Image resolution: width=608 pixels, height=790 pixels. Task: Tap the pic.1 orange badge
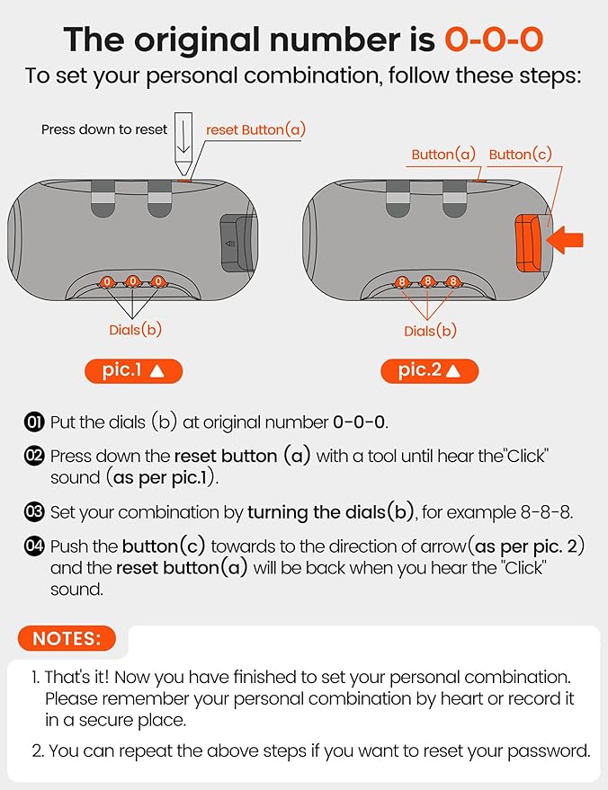(x=134, y=370)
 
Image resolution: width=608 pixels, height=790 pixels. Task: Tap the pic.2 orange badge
(x=430, y=370)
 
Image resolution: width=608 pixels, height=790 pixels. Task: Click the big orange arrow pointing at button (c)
(x=566, y=240)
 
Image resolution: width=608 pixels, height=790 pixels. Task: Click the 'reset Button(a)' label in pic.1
(x=255, y=129)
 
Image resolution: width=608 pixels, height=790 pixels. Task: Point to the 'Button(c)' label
(x=520, y=155)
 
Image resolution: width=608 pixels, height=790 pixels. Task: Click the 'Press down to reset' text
(x=104, y=129)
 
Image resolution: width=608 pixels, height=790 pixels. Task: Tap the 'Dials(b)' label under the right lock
(x=430, y=331)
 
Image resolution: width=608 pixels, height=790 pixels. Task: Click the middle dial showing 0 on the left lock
(x=133, y=281)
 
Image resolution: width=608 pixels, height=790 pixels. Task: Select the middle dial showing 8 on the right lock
(x=429, y=281)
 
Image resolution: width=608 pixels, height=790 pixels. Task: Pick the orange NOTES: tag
(x=67, y=639)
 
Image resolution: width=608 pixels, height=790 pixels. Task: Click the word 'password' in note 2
(x=552, y=750)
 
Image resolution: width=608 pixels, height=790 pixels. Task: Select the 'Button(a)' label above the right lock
(x=443, y=155)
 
